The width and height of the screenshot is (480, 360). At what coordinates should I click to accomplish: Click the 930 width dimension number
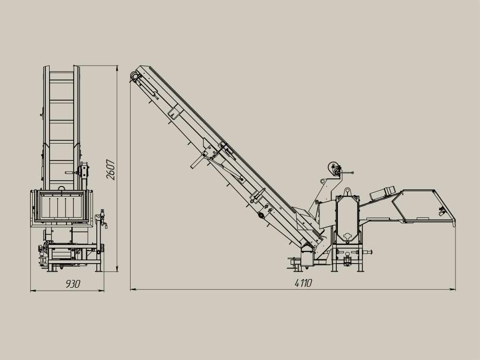coord(73,284)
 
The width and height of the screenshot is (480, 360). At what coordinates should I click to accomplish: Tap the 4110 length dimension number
coord(303,283)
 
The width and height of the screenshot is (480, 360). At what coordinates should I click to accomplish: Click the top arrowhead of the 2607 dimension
coord(117,68)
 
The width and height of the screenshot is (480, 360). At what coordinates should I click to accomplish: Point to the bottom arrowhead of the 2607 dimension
coord(117,268)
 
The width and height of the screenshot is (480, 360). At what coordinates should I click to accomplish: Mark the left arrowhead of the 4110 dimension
coord(133,289)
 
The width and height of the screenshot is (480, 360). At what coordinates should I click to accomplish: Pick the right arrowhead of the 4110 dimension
coord(452,289)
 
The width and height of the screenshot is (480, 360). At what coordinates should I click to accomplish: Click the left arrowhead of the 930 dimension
coord(33,291)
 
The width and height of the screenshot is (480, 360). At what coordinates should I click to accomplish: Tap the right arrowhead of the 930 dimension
coord(101,291)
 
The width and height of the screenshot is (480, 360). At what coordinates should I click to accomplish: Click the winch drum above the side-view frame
coord(333,168)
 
